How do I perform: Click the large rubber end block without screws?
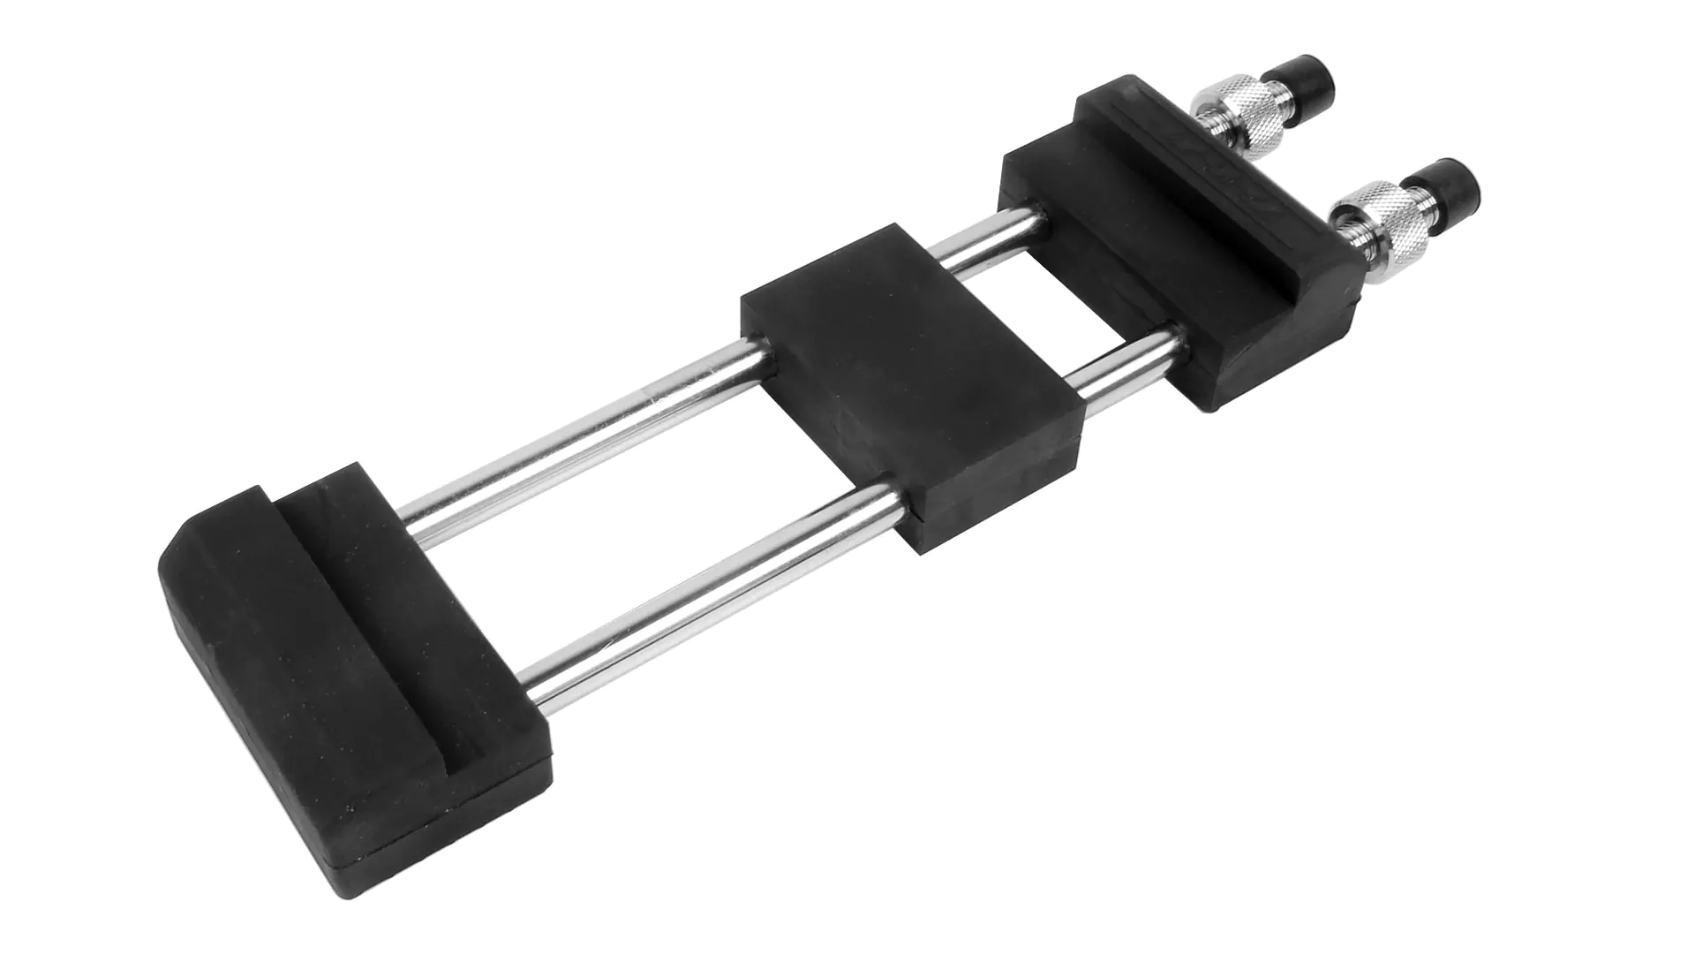[353, 636]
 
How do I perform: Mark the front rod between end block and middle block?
[706, 583]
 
